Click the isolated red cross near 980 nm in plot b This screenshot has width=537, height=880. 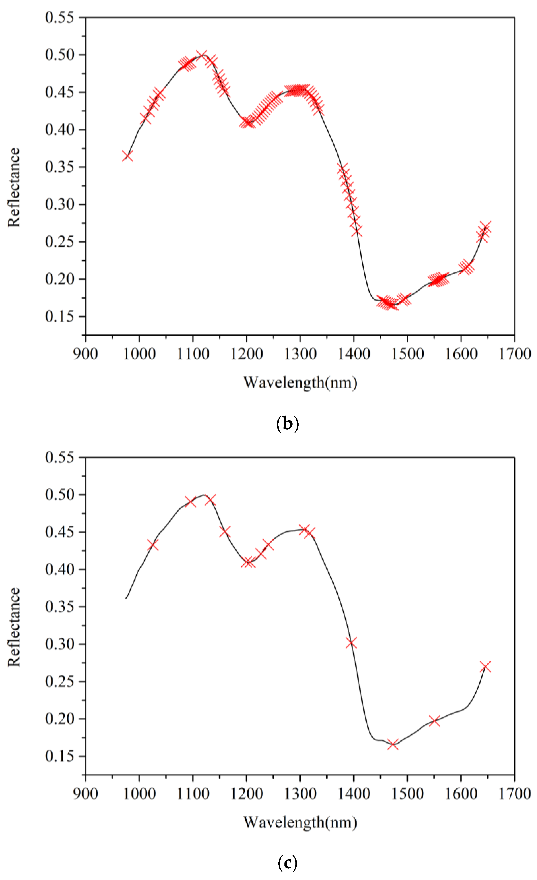click(x=128, y=156)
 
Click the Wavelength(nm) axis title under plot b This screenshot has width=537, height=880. click(x=300, y=382)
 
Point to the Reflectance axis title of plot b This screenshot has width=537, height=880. click(x=14, y=187)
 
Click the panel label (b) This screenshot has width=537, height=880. click(x=287, y=424)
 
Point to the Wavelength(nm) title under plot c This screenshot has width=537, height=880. click(x=300, y=823)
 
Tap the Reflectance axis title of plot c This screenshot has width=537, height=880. click(x=14, y=627)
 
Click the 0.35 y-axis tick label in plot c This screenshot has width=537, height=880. click(x=60, y=607)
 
